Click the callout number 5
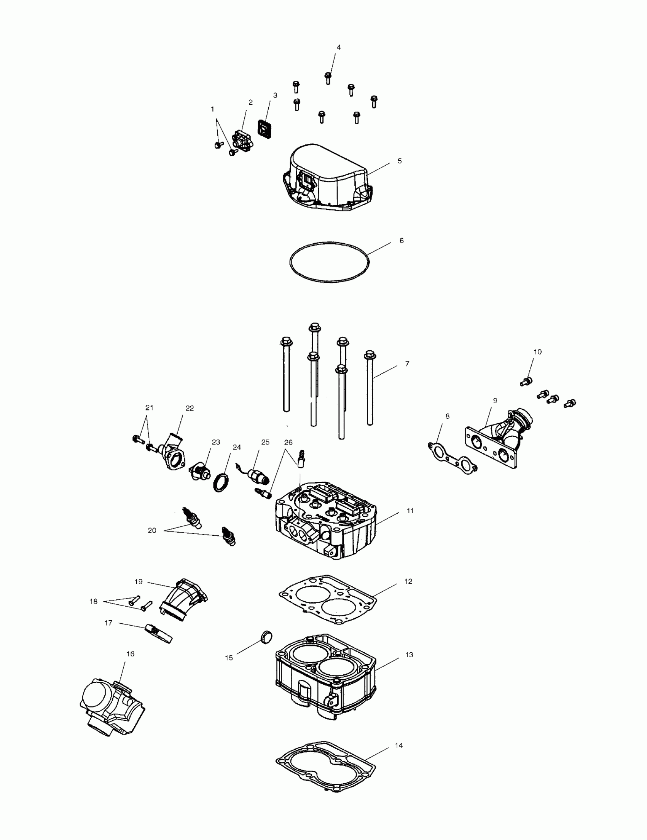tap(399, 161)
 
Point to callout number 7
tap(407, 364)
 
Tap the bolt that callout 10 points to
tap(526, 382)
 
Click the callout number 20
tap(152, 530)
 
